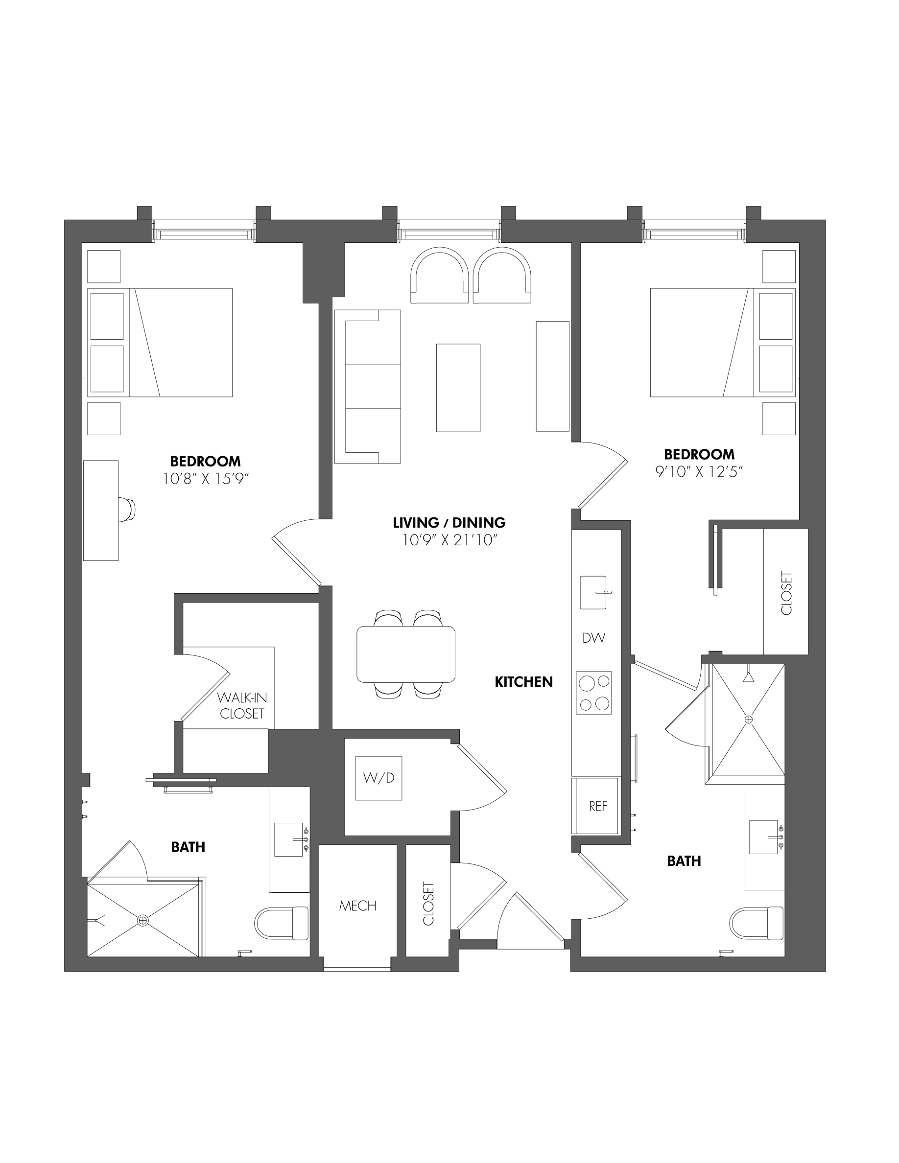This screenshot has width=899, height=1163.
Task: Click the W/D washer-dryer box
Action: (379, 778)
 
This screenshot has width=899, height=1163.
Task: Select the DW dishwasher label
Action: (594, 637)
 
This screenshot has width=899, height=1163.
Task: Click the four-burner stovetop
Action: (594, 693)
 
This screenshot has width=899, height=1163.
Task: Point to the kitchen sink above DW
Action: (593, 592)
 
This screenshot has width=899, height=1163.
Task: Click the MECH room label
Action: (358, 906)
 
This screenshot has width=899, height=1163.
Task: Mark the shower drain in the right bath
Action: (749, 720)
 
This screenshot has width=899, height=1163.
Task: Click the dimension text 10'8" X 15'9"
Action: (206, 479)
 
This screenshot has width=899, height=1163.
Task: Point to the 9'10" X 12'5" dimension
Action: (699, 471)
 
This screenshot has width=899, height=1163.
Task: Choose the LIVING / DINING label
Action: (449, 522)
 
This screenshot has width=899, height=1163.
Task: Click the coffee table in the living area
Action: (458, 388)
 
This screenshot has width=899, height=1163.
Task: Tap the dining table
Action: (406, 654)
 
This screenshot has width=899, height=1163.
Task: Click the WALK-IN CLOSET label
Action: (242, 705)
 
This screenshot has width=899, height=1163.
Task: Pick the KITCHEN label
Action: (523, 682)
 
